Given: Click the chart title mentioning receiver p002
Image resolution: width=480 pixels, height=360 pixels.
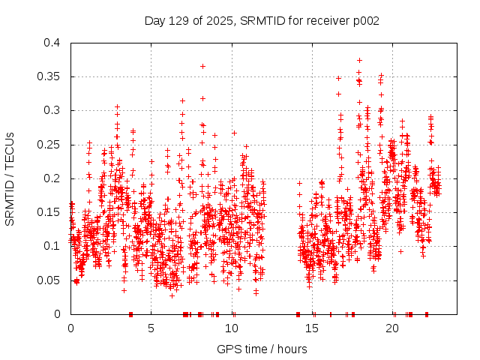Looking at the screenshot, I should click(x=262, y=21).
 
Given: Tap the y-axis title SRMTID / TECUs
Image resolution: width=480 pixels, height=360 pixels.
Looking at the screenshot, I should click(x=10, y=178).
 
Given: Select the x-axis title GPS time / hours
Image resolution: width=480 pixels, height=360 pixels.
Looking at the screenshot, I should click(x=262, y=349).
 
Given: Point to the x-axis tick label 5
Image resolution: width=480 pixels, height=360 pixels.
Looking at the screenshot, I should click(x=151, y=328).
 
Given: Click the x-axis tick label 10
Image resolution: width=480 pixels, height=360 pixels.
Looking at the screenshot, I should click(x=232, y=328).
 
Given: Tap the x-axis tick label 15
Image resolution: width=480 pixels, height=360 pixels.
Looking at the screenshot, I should click(x=312, y=328).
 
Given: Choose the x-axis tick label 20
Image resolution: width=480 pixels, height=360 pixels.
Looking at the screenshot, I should click(x=392, y=328).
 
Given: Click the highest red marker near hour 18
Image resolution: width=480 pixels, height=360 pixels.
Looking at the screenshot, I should click(x=359, y=60).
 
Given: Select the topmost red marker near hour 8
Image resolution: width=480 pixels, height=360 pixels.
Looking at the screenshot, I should click(x=202, y=66).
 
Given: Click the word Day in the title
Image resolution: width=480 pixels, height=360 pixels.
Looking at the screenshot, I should click(x=154, y=21).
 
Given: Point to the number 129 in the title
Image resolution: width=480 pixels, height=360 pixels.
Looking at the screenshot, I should click(x=180, y=21).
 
